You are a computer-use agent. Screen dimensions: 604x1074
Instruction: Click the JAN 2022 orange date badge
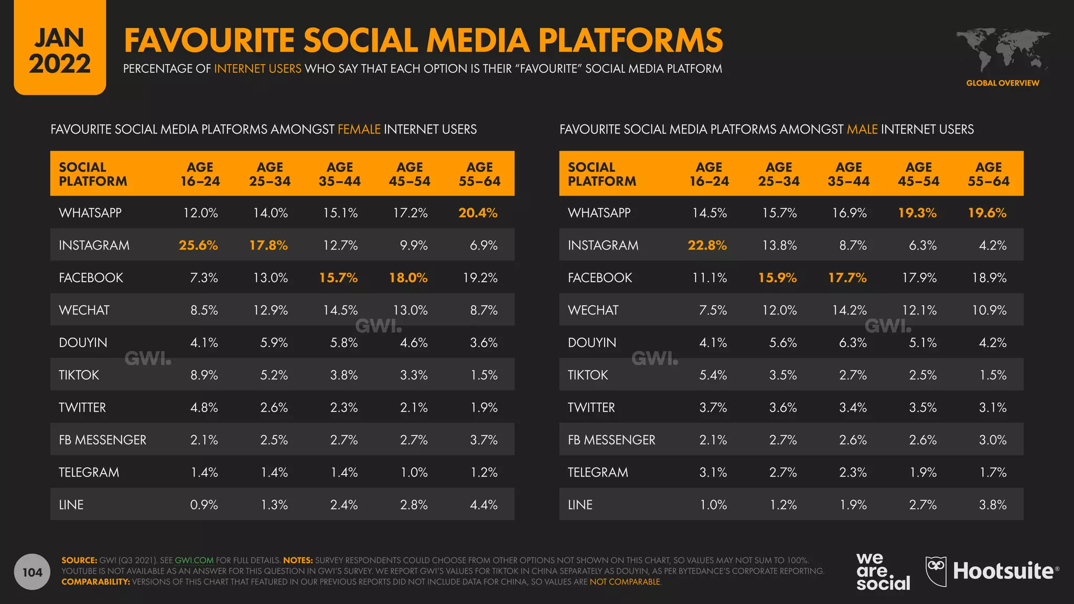coord(60,50)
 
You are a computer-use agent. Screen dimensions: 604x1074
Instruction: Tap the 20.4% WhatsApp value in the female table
coord(478,213)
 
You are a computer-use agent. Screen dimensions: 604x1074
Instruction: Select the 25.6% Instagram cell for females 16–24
coord(198,245)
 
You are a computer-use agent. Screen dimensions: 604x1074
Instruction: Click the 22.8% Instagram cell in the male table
coord(707,245)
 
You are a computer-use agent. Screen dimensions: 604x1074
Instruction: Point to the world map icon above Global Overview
coord(1003,50)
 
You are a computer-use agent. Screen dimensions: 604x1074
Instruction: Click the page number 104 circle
coord(33,572)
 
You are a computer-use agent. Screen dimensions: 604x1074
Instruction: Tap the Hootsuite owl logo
coord(936,571)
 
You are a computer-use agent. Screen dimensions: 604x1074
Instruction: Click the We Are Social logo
coord(883,572)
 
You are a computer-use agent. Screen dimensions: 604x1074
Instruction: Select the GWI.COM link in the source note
coord(194,560)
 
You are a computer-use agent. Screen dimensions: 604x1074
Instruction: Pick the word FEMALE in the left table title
coord(359,130)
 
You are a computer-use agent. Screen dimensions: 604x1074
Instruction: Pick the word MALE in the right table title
coord(862,130)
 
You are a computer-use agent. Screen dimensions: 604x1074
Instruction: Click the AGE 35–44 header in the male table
coord(849,174)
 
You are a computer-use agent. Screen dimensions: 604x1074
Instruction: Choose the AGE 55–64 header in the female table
coord(479,174)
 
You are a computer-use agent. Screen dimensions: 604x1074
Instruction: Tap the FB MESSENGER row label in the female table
coord(103,440)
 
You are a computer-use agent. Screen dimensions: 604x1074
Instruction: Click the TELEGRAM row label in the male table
coord(598,472)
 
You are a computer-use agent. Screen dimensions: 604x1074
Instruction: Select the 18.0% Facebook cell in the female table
coord(408,278)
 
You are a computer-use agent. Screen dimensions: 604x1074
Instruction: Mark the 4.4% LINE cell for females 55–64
coord(484,505)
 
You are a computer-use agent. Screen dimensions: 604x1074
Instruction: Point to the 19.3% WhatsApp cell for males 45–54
coord(917,213)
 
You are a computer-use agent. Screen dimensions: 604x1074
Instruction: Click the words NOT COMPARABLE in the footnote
coord(625,582)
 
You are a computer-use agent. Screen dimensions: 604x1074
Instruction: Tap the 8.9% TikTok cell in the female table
coord(204,375)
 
